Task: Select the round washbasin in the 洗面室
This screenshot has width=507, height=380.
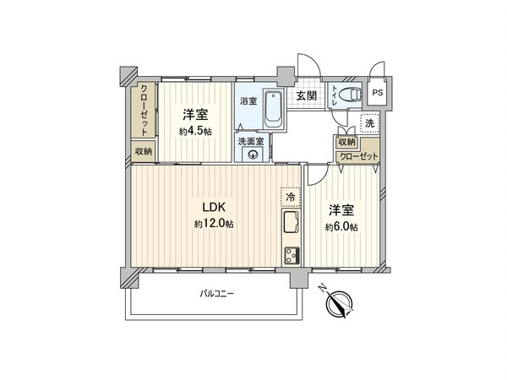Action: [x=251, y=155]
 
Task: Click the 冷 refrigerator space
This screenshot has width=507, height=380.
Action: [x=290, y=196]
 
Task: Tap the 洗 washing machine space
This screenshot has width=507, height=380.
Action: [x=368, y=124]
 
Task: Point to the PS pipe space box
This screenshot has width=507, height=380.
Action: [x=377, y=93]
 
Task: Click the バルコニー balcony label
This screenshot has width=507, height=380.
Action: [x=217, y=294]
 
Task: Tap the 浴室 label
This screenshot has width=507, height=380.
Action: [x=248, y=101]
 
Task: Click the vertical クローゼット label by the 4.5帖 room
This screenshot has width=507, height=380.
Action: [x=144, y=110]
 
